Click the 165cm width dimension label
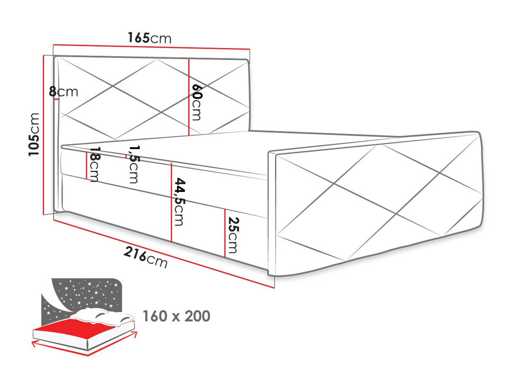point(149,38)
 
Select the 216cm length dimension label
point(146,258)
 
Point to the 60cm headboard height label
point(197,102)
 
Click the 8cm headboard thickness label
point(63,92)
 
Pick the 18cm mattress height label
point(94,165)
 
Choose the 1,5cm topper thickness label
point(133,164)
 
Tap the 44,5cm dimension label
point(179,202)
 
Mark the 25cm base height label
point(232,235)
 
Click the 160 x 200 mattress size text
point(176,316)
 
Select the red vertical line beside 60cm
point(189,97)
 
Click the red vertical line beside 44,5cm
point(171,203)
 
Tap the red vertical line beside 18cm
point(86,165)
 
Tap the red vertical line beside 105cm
point(43,134)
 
